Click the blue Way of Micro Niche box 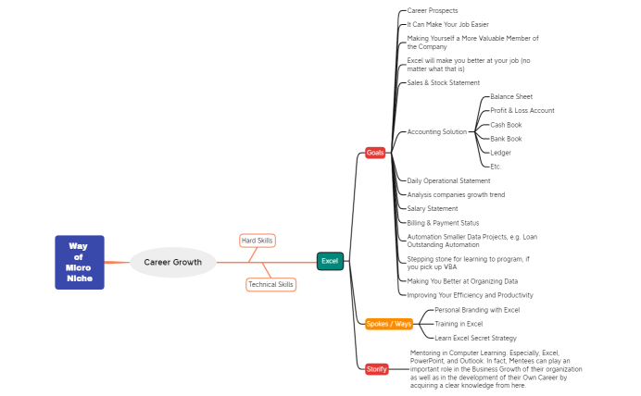click(79, 262)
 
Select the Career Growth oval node click(172, 262)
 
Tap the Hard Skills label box click(257, 241)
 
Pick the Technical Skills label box click(270, 284)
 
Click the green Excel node click(330, 261)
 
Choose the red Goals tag click(375, 153)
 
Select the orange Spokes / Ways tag click(389, 324)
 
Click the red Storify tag click(376, 368)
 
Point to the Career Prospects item click(433, 10)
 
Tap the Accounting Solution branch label click(437, 131)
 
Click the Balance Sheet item click(511, 96)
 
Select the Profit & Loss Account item click(522, 110)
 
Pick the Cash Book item click(506, 124)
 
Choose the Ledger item click(500, 152)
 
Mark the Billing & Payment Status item click(443, 222)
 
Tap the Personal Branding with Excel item click(477, 310)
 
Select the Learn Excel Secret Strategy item click(475, 338)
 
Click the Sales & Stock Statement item click(444, 82)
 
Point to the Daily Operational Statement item click(448, 180)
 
